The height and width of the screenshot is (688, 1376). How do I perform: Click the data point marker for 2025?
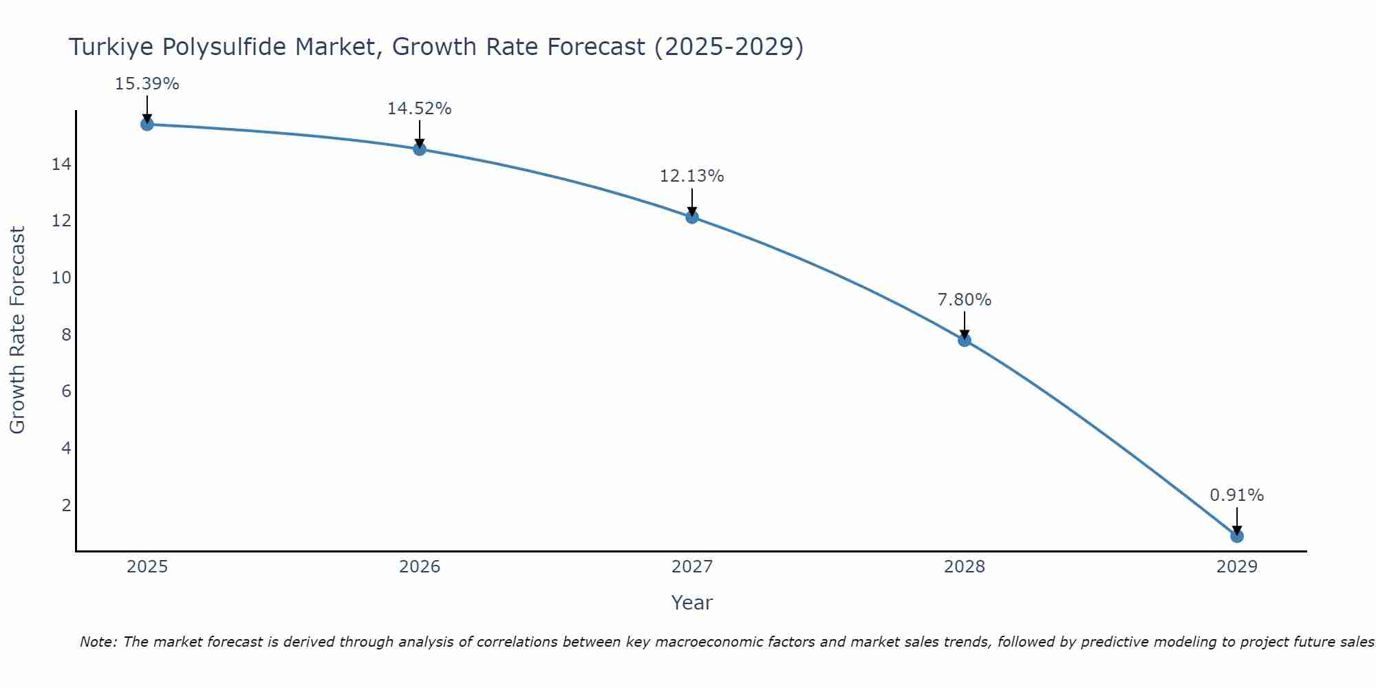coord(147,124)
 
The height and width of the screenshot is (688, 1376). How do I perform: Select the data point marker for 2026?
coord(420,149)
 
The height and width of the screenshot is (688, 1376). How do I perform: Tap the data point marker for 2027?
coord(692,217)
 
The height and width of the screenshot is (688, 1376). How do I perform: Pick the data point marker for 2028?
coord(965,340)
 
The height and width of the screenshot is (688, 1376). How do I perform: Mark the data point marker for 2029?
coord(1237,536)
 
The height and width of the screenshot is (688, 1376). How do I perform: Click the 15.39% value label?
coord(147,84)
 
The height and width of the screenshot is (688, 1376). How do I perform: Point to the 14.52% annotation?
coord(419,109)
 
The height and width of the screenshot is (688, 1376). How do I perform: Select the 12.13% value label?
coord(691,176)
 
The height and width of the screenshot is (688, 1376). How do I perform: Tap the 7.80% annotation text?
coord(964,300)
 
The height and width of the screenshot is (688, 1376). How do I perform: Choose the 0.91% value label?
coord(1236,495)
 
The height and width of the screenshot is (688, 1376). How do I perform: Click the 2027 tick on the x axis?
coord(692,567)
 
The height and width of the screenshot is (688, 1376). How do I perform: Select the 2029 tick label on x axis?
coord(1237,567)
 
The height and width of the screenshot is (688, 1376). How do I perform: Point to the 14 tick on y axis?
coord(61,164)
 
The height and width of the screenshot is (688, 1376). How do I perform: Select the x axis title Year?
coord(691,603)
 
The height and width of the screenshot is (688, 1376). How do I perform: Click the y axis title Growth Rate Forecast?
coord(17,330)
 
